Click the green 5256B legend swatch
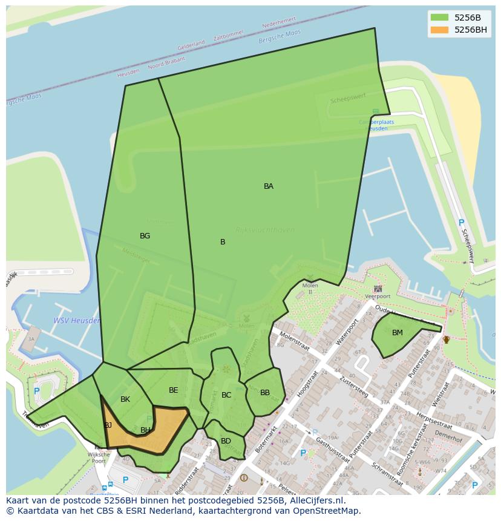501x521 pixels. point(439,18)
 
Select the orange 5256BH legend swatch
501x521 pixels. point(439,30)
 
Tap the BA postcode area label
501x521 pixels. point(269,186)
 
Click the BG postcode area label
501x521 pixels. point(145,236)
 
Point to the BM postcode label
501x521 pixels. point(398,333)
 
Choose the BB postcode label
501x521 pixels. point(265,393)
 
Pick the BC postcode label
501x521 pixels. point(226,395)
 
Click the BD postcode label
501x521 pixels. point(226,441)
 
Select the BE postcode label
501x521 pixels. point(174,390)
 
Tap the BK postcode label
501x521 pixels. point(125,399)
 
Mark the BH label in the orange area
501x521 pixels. point(145,430)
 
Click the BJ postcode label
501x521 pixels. point(108,425)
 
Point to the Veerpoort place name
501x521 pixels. point(378,297)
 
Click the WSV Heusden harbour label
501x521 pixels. point(77,321)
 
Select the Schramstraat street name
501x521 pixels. point(387,474)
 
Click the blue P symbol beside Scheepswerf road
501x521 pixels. point(461,223)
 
